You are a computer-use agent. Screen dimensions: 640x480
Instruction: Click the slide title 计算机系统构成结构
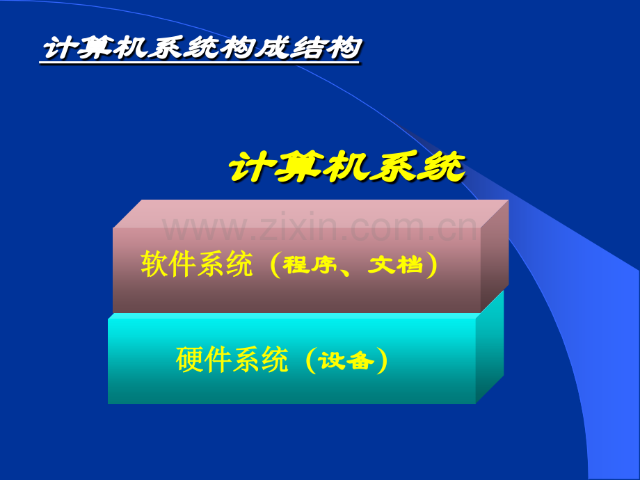tap(202, 48)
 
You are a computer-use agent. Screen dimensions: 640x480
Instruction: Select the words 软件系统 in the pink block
tap(197, 264)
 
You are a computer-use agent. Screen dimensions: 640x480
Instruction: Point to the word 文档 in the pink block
tap(395, 264)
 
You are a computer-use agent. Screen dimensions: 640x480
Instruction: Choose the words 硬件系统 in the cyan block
tap(232, 360)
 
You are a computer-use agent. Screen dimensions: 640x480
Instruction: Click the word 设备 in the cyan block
tap(346, 360)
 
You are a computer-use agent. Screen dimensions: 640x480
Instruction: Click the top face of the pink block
tap(311, 214)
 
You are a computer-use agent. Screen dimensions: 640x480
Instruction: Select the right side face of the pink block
tap(495, 256)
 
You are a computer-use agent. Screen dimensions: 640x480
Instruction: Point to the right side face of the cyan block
tap(490, 347)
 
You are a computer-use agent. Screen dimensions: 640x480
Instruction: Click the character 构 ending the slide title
tap(344, 48)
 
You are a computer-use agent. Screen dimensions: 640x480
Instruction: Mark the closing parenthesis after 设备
tap(382, 360)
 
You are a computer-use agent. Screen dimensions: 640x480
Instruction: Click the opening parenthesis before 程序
tap(275, 265)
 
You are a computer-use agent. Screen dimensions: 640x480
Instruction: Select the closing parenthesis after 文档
tap(431, 265)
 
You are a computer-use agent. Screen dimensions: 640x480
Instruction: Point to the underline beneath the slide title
tap(199, 63)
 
